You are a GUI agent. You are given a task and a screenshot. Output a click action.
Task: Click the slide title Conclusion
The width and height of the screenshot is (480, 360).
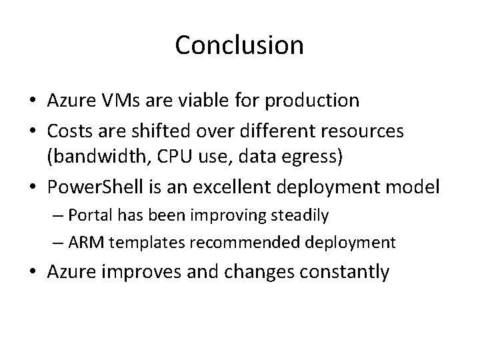click(239, 45)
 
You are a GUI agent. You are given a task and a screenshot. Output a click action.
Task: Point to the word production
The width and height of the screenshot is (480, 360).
click(312, 101)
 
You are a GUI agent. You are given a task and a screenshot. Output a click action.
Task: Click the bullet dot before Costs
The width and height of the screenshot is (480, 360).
click(33, 132)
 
